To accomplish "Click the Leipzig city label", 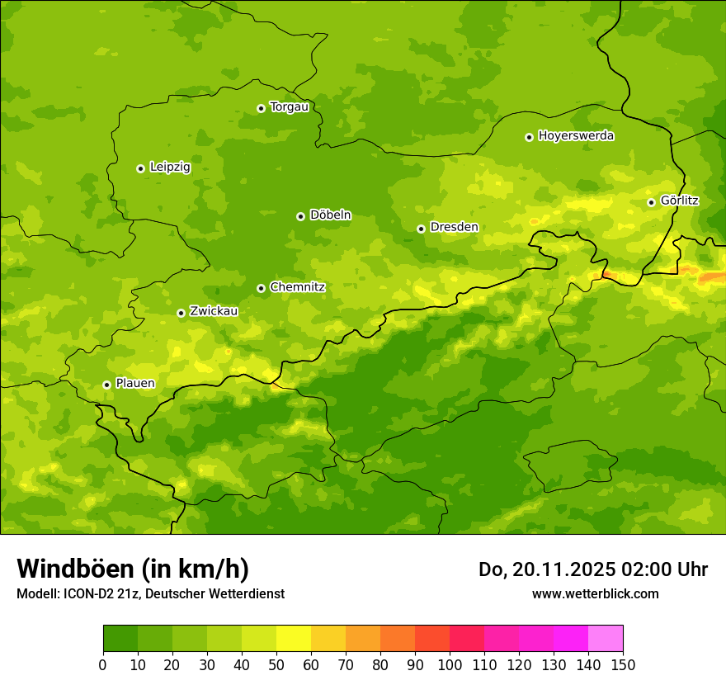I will [170, 168].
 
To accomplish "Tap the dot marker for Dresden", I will [421, 229].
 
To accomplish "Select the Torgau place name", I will [289, 107].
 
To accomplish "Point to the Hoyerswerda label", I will [576, 136].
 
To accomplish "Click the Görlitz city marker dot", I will [651, 202].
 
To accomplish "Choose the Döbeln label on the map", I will [330, 215].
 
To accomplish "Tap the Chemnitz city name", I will [297, 287].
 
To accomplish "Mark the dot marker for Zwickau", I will [181, 313].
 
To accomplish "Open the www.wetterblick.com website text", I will [595, 594].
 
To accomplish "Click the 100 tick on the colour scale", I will [450, 664].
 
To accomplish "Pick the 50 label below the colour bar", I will [276, 664].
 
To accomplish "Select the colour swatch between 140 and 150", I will [606, 638].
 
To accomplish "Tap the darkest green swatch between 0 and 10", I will [120, 638].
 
